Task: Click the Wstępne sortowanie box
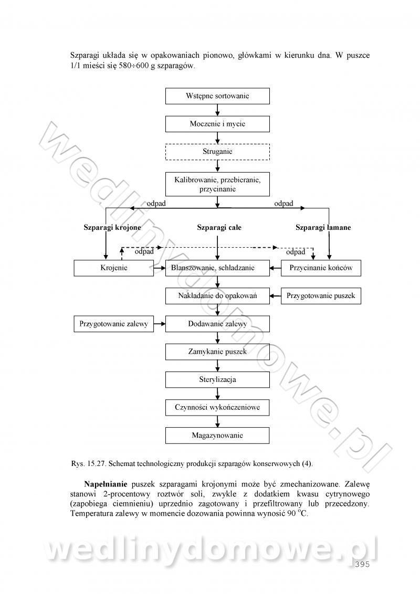coord(217,96)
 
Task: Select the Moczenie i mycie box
coord(217,124)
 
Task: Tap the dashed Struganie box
coord(217,152)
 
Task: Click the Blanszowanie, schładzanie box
coord(217,268)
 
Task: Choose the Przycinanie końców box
coord(321,268)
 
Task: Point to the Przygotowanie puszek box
coord(321,296)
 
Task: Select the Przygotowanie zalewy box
coord(114,324)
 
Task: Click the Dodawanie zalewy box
coord(217,324)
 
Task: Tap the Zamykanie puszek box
coord(217,352)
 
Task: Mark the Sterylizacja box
coord(217,379)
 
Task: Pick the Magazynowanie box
coord(217,435)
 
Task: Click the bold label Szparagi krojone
coord(112,228)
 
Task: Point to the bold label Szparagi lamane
coord(323,228)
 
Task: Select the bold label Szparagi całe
coord(219,228)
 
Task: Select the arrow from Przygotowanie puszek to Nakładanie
coord(276,296)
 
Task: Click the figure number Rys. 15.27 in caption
coord(88,464)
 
